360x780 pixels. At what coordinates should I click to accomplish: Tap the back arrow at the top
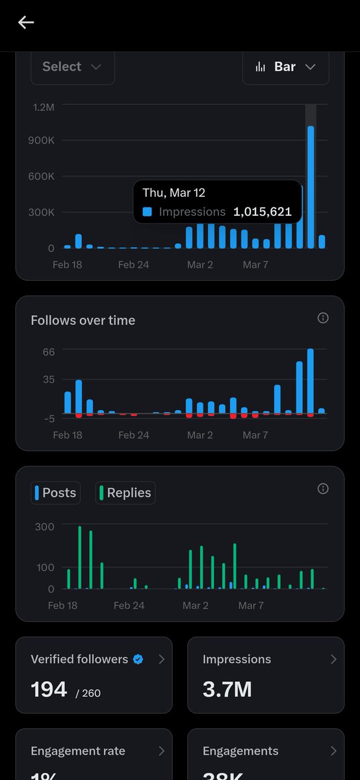[x=26, y=23]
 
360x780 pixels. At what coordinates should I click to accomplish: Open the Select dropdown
[x=72, y=67]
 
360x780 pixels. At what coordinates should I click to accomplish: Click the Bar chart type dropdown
[x=286, y=67]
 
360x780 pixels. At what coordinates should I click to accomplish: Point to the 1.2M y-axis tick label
[x=44, y=107]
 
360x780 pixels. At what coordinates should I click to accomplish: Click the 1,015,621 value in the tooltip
[x=263, y=212]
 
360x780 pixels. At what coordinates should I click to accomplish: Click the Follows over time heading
[x=83, y=320]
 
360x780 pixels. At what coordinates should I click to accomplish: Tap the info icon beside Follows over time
[x=323, y=318]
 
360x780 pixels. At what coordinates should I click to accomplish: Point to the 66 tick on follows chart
[x=49, y=351]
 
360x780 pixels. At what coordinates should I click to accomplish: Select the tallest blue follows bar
[x=311, y=380]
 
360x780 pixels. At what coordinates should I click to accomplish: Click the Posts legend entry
[x=56, y=493]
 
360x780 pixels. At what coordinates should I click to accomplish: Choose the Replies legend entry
[x=125, y=493]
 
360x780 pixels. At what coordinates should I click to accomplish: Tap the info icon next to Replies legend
[x=323, y=489]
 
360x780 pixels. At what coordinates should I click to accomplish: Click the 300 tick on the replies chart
[x=45, y=526]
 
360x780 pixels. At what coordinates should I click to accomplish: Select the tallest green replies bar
[x=79, y=557]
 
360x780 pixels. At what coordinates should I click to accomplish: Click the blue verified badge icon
[x=138, y=659]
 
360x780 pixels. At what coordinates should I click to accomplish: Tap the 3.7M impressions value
[x=227, y=689]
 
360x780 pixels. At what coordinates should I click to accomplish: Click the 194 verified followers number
[x=49, y=689]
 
